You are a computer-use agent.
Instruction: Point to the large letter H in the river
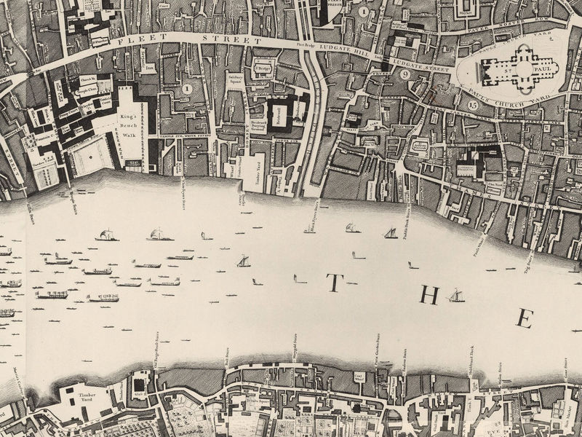point(431,296)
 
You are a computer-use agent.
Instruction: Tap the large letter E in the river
point(526,318)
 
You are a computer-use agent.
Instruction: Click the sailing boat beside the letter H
point(457,296)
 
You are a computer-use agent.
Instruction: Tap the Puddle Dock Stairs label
point(408,216)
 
